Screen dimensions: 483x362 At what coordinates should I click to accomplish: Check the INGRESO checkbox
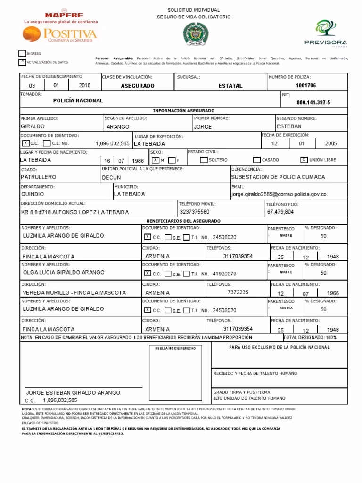[x=22, y=54]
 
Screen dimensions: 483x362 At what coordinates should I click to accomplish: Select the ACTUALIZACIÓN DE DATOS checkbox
[x=22, y=62]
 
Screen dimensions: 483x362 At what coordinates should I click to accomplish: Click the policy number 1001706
[x=305, y=86]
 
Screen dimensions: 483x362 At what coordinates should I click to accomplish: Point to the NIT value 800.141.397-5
[x=313, y=102]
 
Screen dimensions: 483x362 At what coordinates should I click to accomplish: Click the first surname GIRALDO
[x=33, y=126]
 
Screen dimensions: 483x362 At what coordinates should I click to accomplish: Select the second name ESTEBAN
[x=289, y=126]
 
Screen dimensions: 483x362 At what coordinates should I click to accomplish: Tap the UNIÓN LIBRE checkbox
[x=304, y=159]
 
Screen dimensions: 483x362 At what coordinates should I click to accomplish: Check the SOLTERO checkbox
[x=204, y=160]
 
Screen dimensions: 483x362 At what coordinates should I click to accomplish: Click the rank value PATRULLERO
[x=39, y=177]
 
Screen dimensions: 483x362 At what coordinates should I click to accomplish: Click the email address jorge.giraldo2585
[x=279, y=194]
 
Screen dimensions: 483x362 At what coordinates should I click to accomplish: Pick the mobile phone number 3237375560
[x=195, y=212]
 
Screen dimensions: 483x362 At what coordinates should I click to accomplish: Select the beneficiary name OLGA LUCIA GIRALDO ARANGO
[x=63, y=272]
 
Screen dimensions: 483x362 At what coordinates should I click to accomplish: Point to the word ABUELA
[x=286, y=308]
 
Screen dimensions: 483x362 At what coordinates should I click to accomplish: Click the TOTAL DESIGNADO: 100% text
[x=310, y=338]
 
